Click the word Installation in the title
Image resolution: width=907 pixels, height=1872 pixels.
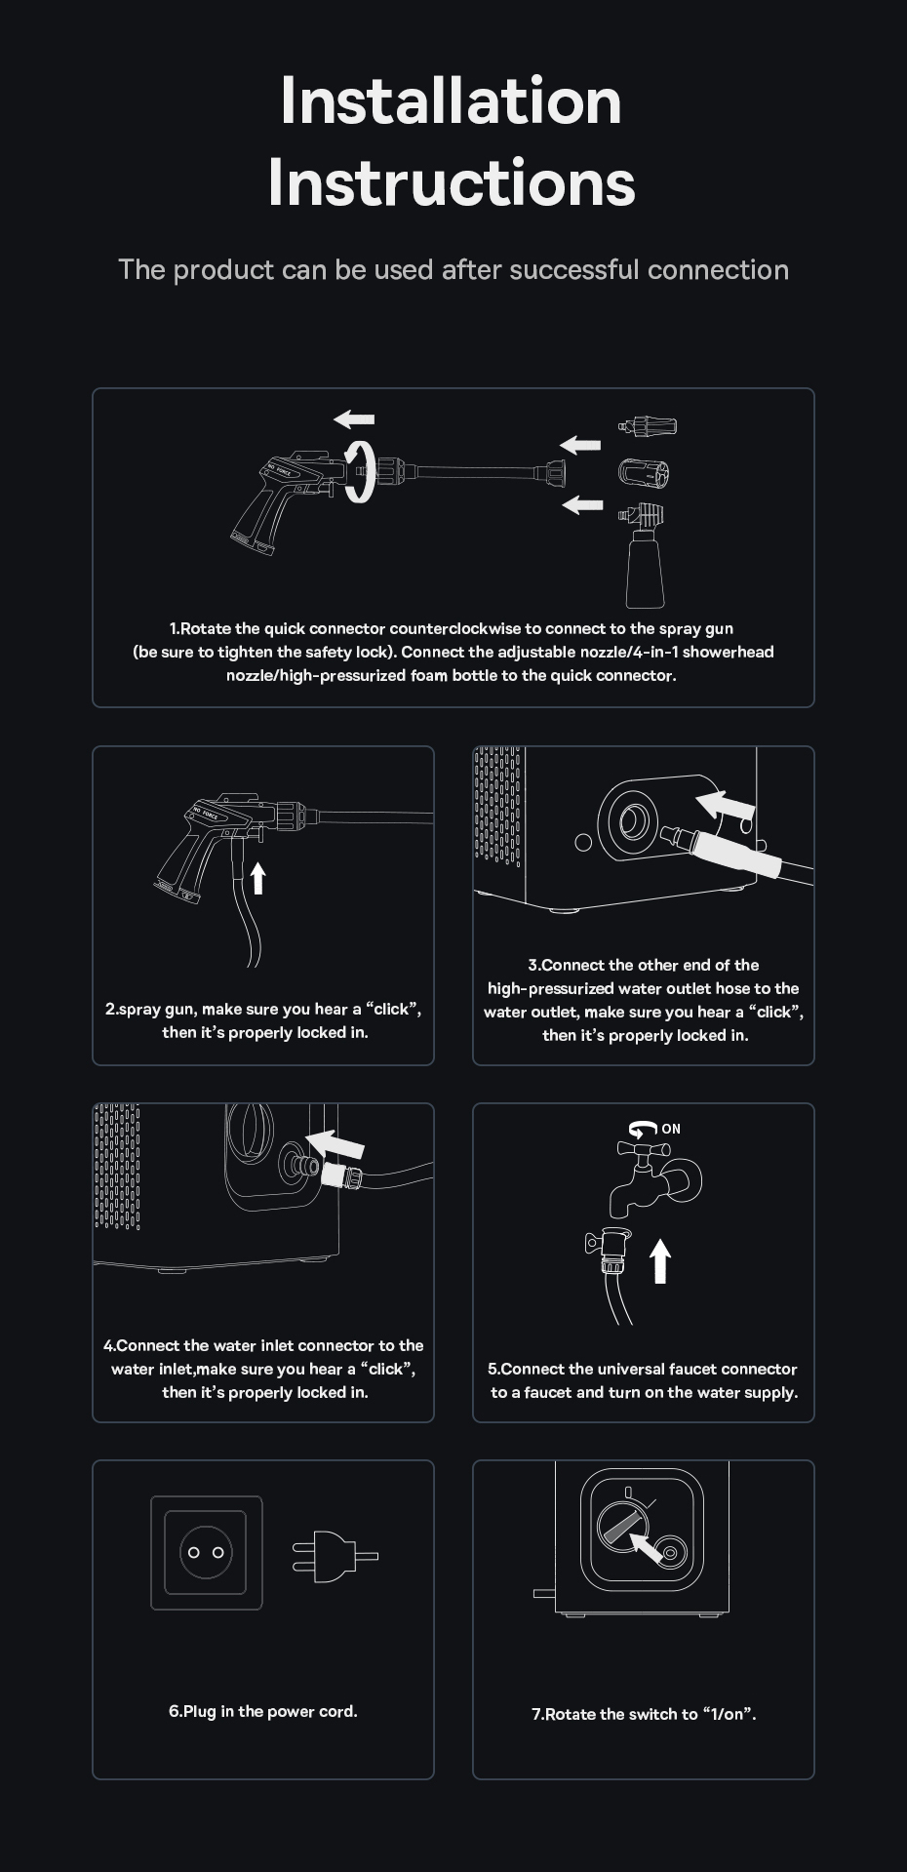pyautogui.click(x=451, y=100)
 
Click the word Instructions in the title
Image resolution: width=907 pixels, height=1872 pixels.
pyautogui.click(x=452, y=182)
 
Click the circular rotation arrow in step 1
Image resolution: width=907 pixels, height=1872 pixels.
pyautogui.click(x=360, y=470)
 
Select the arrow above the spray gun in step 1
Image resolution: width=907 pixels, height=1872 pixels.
pyautogui.click(x=354, y=419)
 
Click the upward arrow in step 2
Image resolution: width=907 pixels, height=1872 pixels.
pyautogui.click(x=257, y=877)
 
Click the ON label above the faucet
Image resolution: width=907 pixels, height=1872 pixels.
pyautogui.click(x=671, y=1129)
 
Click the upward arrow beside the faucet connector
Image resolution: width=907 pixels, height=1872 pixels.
pyautogui.click(x=660, y=1260)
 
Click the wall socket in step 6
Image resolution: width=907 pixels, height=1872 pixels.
pyautogui.click(x=207, y=1552)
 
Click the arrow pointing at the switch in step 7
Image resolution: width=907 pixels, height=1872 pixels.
pyautogui.click(x=646, y=1547)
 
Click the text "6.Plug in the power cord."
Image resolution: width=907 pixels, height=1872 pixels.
pyautogui.click(x=263, y=1711)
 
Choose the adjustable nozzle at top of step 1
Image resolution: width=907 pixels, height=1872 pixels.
pyautogui.click(x=648, y=426)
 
